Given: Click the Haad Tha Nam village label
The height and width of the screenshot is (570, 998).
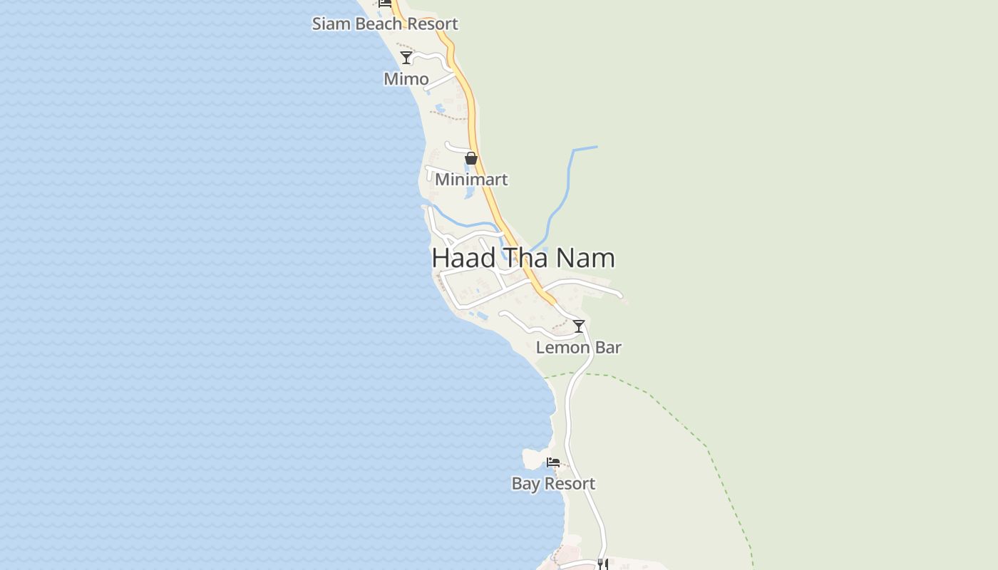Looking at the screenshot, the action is pos(523,258).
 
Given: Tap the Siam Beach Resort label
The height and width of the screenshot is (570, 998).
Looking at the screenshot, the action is pos(385,24).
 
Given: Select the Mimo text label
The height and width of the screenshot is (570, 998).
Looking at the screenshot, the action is pos(406,79).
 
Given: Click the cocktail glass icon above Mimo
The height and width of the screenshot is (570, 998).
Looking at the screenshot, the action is pos(406,58).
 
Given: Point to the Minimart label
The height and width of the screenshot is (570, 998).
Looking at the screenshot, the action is pos(471,180).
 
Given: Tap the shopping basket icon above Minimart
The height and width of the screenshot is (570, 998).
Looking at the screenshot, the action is pos(471,158).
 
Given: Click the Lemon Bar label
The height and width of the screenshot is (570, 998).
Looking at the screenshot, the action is pos(578,348).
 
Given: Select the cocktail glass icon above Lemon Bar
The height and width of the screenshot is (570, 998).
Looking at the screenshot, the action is pos(579,326).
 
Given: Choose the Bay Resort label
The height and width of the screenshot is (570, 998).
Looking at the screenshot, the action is pos(553,484).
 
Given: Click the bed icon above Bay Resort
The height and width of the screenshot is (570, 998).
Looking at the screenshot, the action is pos(553,462).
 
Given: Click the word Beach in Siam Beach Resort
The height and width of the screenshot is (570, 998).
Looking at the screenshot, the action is pos(379,24).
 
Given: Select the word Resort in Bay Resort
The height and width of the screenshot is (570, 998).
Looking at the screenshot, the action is pos(570,484).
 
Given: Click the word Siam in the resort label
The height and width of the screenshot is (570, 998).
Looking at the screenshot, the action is pos(331,24).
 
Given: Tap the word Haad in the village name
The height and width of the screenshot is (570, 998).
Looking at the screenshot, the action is pos(463,258).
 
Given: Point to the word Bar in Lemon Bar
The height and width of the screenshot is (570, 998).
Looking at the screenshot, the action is pos(608,348).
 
